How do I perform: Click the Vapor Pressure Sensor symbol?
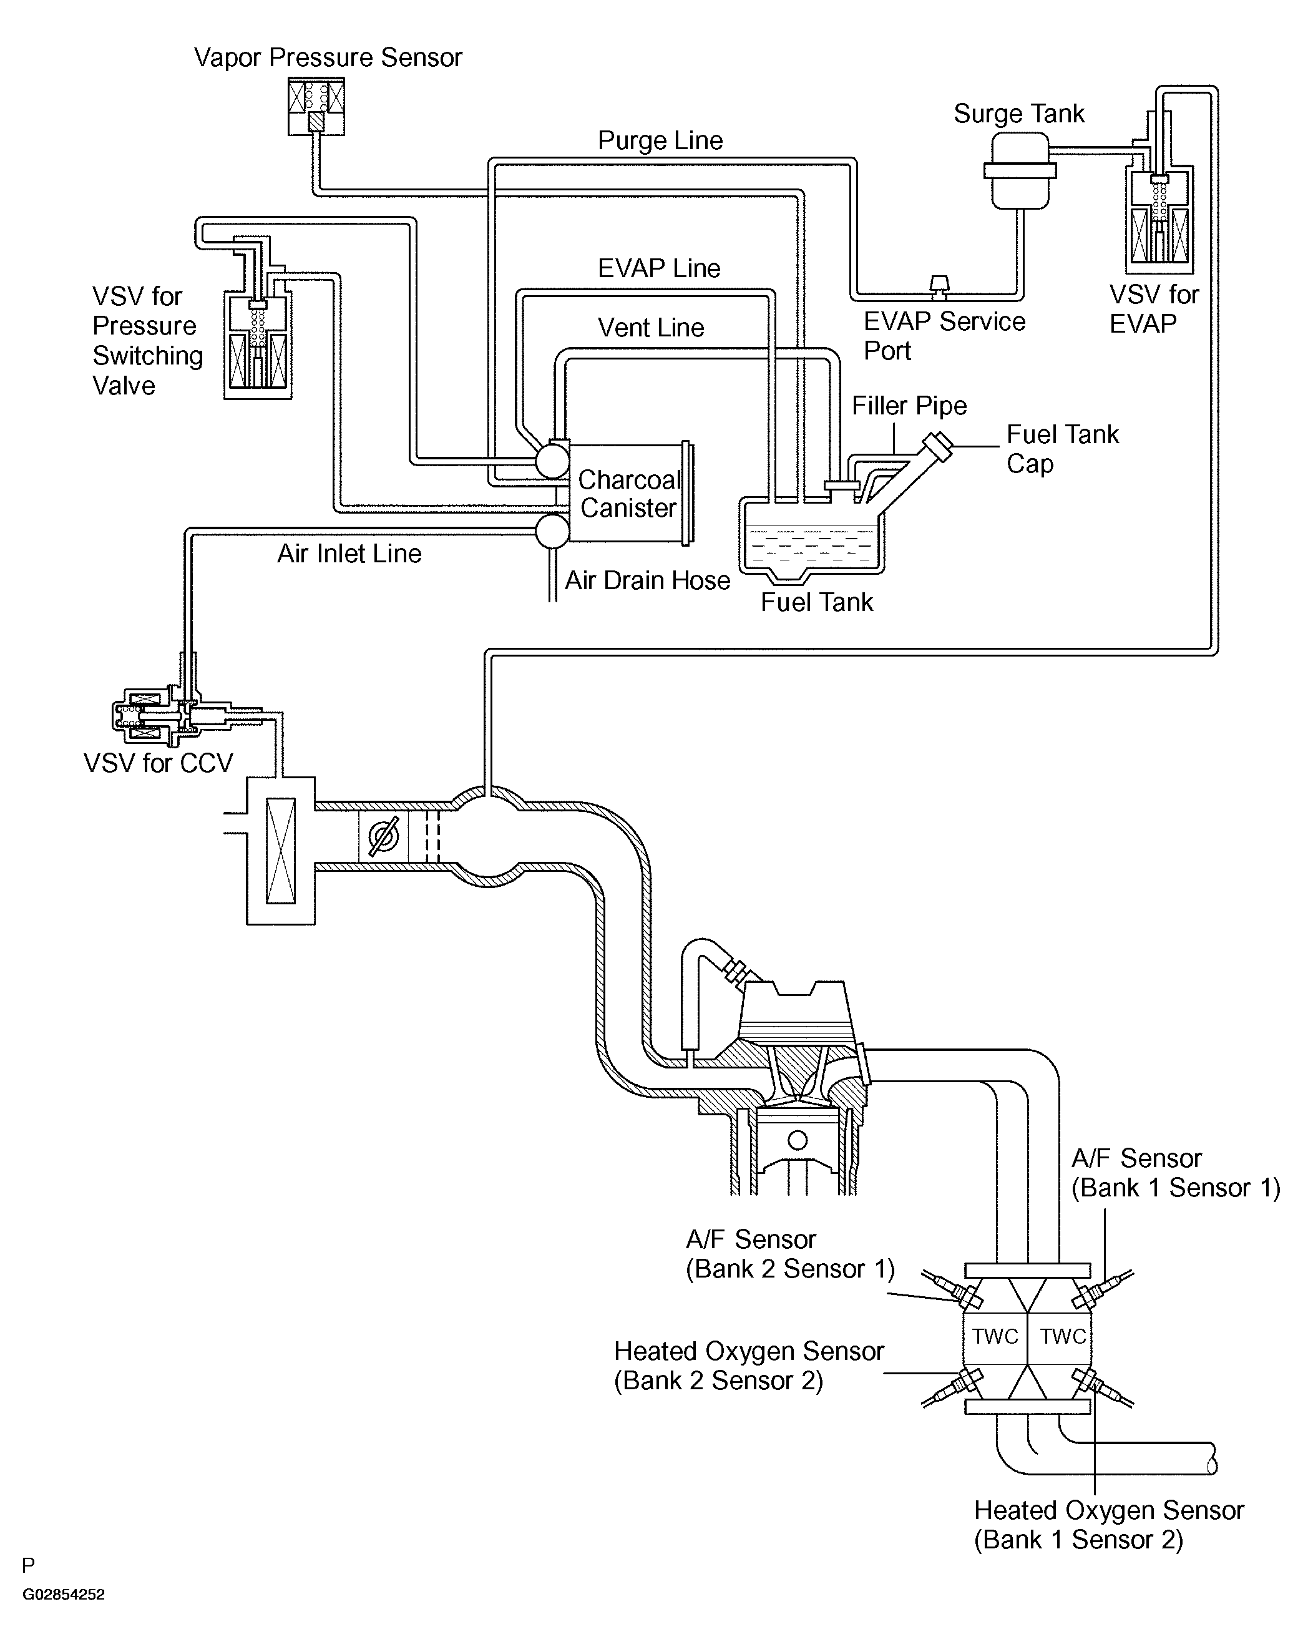click(316, 106)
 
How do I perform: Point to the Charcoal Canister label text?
click(628, 494)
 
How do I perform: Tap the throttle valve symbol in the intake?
click(383, 837)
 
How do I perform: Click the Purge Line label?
click(660, 140)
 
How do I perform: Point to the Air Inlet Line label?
click(349, 553)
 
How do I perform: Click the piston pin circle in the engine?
click(797, 1140)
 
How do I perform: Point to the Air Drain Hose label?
click(647, 580)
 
